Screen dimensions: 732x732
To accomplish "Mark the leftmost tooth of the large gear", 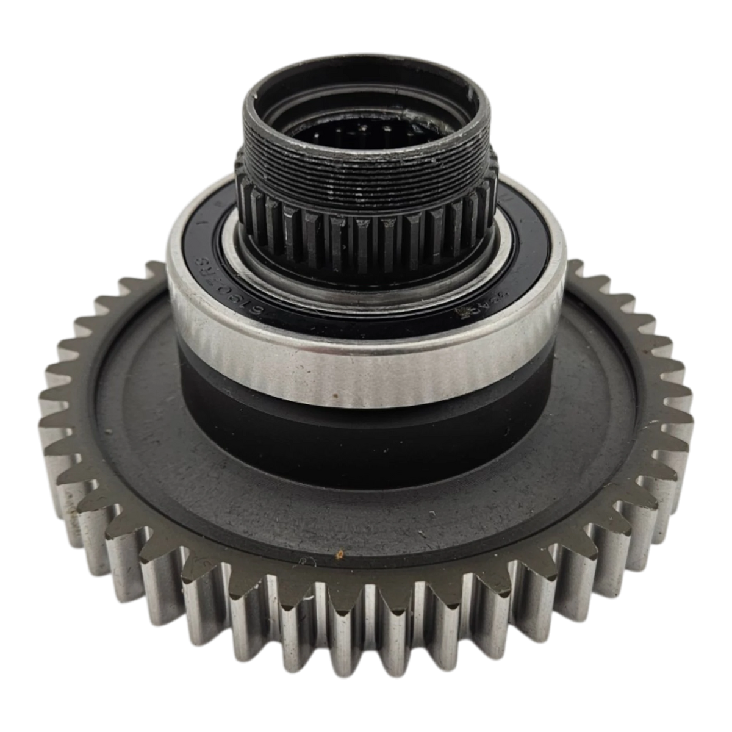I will point(46,427).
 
